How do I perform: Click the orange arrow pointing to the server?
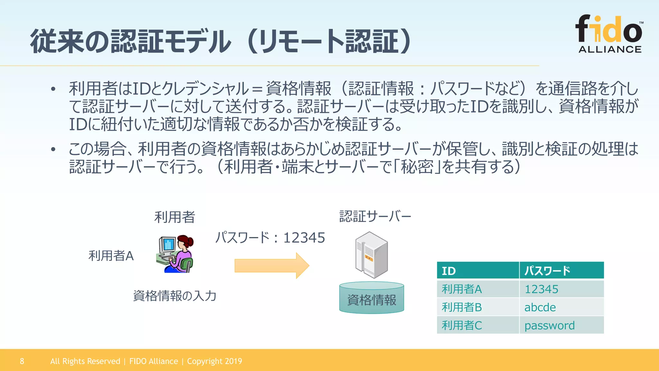click(272, 266)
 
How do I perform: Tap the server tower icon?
click(371, 255)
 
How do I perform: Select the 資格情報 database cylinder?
click(372, 298)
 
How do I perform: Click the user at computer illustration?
click(175, 254)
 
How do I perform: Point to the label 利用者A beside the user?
click(111, 256)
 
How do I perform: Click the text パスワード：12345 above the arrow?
click(270, 238)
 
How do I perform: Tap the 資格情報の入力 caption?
click(175, 296)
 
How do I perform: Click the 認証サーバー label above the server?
click(375, 216)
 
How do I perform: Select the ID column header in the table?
click(478, 271)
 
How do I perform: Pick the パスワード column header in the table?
click(562, 271)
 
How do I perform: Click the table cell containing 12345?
click(562, 289)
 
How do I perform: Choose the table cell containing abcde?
click(562, 307)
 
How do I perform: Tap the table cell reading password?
click(562, 325)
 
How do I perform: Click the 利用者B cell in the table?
click(478, 307)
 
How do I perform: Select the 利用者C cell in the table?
click(478, 325)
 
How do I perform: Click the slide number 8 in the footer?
click(22, 361)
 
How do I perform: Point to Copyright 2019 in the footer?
click(215, 361)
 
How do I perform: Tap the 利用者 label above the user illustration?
click(175, 217)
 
